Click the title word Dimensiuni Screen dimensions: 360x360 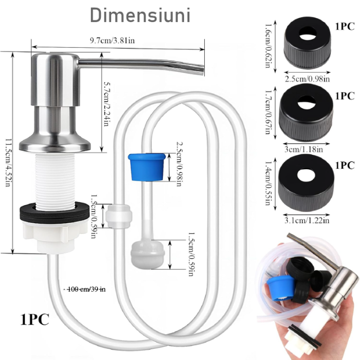coord(140,15)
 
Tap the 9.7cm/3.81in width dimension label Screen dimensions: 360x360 coord(112,41)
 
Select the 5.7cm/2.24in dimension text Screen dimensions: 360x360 coord(107,104)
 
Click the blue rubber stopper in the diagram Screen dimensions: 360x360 coord(147,167)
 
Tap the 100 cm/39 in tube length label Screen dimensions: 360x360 coord(84,289)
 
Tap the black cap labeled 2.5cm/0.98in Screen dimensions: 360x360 coord(308,43)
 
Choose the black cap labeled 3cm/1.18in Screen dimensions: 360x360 coord(306,113)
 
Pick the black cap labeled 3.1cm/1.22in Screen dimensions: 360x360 coord(306,183)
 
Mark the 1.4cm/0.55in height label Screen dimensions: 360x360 coord(268,183)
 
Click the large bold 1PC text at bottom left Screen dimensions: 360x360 coord(35,319)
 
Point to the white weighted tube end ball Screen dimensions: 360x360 coord(148,254)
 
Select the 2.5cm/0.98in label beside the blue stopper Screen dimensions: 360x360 coord(179,164)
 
